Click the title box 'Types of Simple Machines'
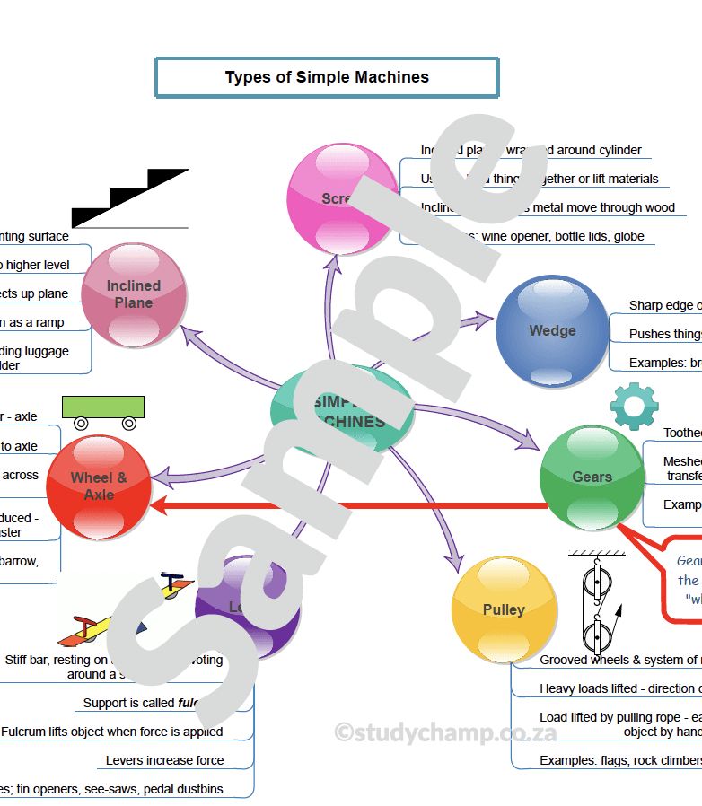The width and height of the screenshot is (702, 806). click(x=327, y=77)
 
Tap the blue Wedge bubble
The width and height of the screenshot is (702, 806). click(x=552, y=330)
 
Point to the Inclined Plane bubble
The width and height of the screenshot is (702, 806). click(x=134, y=294)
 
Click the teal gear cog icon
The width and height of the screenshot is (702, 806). click(x=634, y=406)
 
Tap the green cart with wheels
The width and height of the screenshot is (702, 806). click(x=103, y=412)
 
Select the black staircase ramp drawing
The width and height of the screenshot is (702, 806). click(x=130, y=198)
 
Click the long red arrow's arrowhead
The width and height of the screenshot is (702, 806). click(x=159, y=507)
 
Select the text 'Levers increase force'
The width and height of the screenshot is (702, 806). click(x=164, y=760)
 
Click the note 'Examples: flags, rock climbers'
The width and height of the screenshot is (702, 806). click(x=619, y=760)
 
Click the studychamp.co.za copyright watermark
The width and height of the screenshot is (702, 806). click(x=445, y=732)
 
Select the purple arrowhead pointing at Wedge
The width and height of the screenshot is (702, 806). click(x=486, y=318)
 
